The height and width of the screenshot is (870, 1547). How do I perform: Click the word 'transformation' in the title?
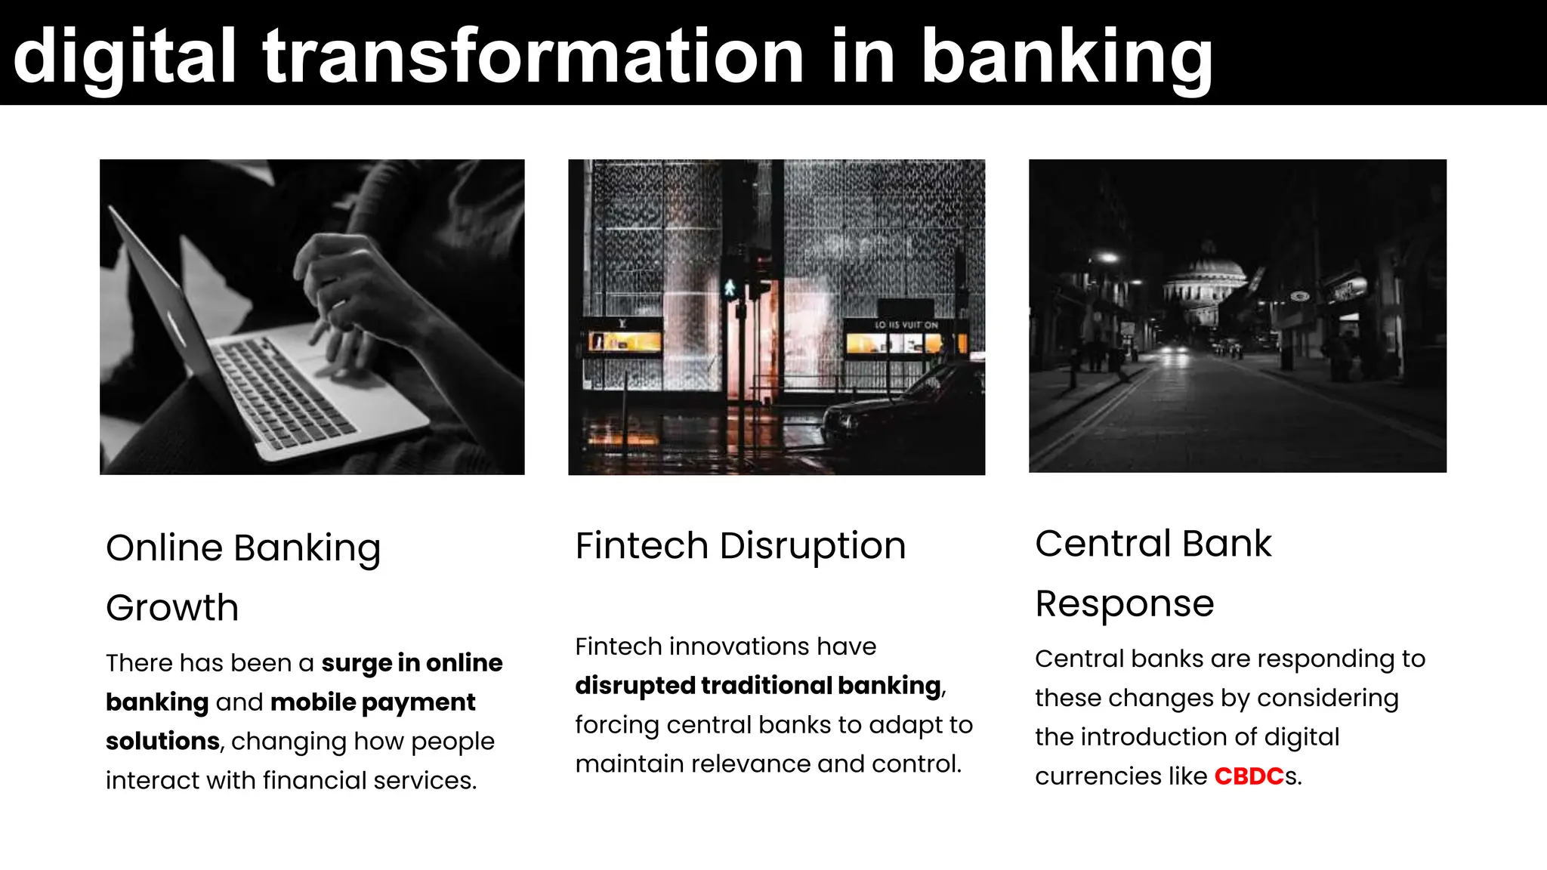click(x=533, y=57)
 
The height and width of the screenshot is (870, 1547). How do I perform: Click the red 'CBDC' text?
click(x=1249, y=776)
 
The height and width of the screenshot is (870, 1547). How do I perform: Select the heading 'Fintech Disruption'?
click(x=740, y=546)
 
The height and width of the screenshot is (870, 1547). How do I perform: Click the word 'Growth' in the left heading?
click(x=172, y=608)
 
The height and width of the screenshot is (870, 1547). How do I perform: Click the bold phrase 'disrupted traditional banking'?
click(x=758, y=686)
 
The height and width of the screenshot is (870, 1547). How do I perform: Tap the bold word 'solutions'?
click(x=162, y=742)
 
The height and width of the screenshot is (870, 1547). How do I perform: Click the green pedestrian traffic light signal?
click(x=730, y=288)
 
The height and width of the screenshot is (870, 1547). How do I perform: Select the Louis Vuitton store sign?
click(x=906, y=325)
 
